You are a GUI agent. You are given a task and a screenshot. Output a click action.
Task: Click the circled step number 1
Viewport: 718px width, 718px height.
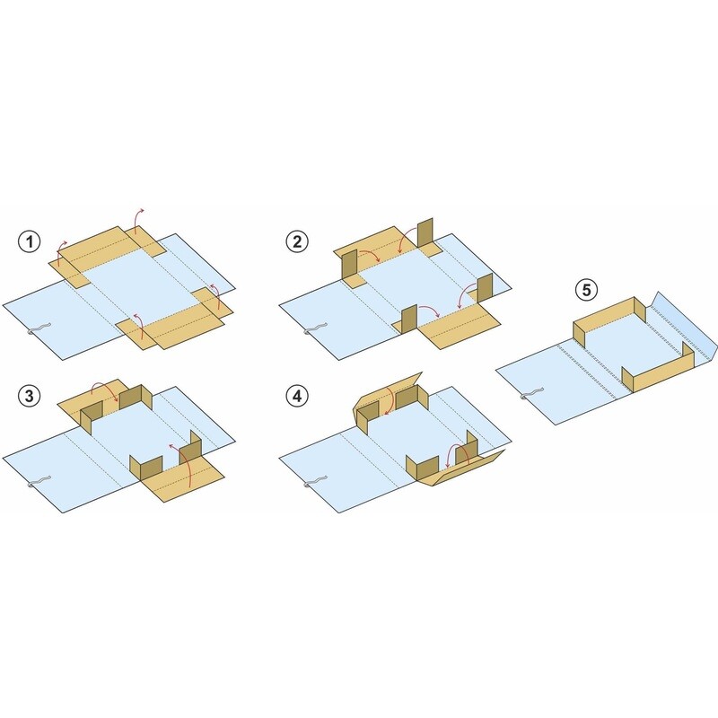click(x=30, y=241)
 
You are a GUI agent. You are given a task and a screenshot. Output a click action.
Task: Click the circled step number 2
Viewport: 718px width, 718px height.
click(x=297, y=241)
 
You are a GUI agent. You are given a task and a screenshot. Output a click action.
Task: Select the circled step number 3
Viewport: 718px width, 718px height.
click(x=30, y=396)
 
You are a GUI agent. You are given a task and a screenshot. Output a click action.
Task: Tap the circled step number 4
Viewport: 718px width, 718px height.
click(x=297, y=396)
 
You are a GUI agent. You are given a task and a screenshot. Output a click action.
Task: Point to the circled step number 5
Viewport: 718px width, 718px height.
click(x=587, y=290)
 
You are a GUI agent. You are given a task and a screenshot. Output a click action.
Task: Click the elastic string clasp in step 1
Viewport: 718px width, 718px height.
click(x=38, y=329)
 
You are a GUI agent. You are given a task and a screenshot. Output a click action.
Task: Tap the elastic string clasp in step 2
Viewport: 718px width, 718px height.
click(x=315, y=329)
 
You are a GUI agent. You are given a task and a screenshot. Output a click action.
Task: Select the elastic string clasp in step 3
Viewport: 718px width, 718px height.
click(x=38, y=482)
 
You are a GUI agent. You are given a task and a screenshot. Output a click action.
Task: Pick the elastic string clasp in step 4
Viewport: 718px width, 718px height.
click(x=315, y=482)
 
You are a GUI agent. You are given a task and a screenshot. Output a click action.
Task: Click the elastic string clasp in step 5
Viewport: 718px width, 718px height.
click(x=531, y=394)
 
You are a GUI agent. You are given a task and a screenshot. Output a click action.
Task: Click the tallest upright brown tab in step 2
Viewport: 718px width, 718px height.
click(x=425, y=234)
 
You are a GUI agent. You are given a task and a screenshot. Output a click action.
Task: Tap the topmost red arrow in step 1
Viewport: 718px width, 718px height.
click(x=137, y=218)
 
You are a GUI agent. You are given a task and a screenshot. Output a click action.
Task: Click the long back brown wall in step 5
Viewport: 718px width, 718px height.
click(x=609, y=319)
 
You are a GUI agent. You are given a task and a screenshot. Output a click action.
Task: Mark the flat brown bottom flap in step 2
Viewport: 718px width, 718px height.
click(x=458, y=326)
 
